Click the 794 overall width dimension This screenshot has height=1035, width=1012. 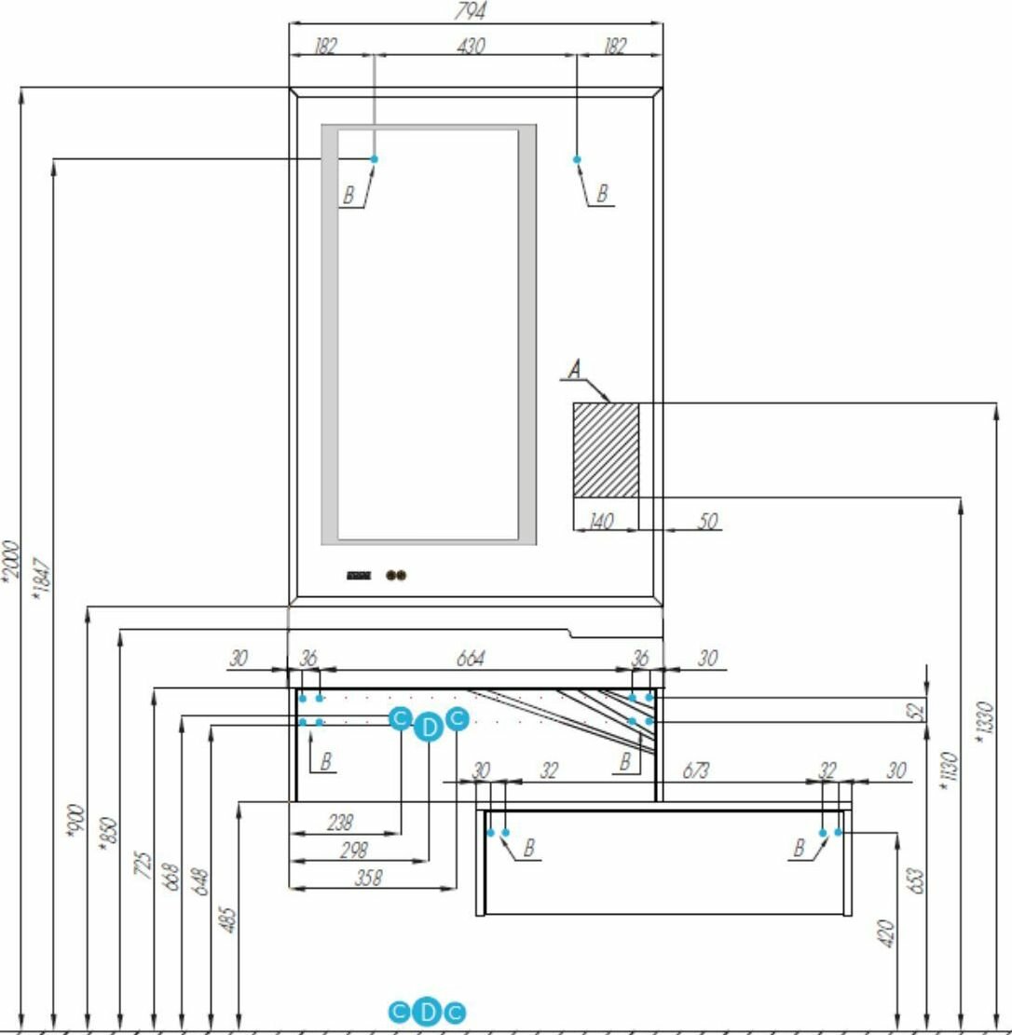[475, 11]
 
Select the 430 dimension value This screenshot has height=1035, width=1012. [472, 45]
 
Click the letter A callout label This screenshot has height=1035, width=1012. [575, 370]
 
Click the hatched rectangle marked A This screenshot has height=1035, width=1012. [605, 450]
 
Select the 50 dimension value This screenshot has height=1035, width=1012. [707, 521]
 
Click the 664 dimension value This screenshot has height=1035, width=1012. [472, 659]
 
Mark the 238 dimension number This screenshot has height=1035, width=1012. [340, 824]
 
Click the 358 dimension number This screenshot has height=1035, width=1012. [369, 878]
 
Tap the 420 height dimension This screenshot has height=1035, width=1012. [885, 933]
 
